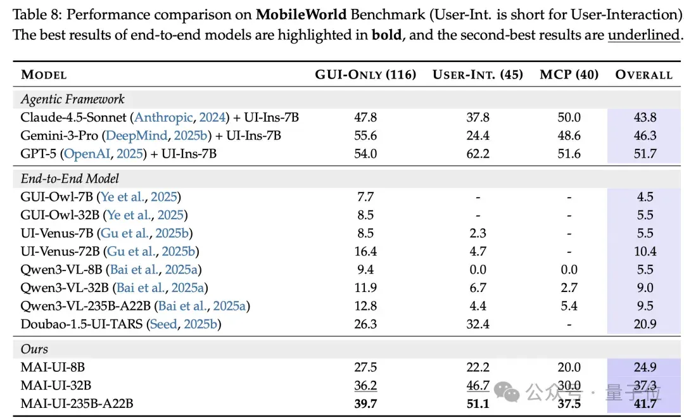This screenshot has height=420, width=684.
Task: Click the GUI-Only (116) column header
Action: [365, 75]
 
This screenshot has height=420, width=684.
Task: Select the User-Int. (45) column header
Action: [478, 75]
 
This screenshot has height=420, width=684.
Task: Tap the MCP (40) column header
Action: [569, 75]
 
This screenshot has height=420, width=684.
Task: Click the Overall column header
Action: [644, 75]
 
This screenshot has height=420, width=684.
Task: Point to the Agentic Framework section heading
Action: [72, 99]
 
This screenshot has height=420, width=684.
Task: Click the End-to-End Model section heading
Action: [70, 179]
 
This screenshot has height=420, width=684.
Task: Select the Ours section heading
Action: [34, 349]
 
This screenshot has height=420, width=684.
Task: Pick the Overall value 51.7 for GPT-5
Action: [645, 153]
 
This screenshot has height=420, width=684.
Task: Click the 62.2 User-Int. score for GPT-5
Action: [478, 153]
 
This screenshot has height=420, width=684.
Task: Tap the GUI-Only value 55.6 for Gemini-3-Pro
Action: [365, 136]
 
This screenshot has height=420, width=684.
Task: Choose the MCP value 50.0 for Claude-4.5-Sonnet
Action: [569, 117]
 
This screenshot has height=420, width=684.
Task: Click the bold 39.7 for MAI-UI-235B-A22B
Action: [365, 404]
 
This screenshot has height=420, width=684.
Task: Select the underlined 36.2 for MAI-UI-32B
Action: [365, 386]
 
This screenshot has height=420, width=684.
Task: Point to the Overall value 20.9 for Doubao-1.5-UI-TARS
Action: [645, 324]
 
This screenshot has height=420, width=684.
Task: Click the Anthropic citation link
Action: [163, 118]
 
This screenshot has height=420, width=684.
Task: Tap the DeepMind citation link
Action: [137, 136]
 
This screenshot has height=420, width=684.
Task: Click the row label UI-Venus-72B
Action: [60, 251]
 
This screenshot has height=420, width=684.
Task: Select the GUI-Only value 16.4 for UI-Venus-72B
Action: [365, 251]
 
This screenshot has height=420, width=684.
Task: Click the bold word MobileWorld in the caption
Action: [301, 15]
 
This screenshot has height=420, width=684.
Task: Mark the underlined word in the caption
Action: [644, 35]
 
